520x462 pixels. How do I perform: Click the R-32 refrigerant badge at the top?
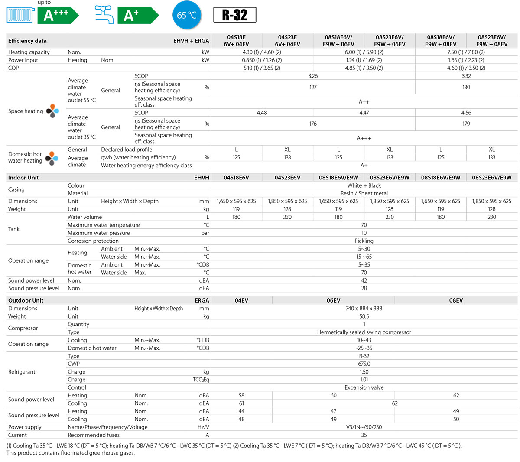coord(234,15)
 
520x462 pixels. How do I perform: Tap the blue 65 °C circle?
coord(187,15)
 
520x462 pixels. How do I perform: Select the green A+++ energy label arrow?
coord(57,16)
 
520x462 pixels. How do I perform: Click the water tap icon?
coord(104,15)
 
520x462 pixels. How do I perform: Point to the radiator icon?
coord(20,15)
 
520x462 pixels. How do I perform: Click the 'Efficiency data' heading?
coord(27,41)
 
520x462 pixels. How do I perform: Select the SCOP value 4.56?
coord(466,113)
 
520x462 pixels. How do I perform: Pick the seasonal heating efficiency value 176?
coord(313,124)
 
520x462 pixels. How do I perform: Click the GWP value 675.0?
coord(364,364)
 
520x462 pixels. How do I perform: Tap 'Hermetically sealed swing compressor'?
coord(364,332)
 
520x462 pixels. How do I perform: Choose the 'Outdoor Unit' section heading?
coord(26,300)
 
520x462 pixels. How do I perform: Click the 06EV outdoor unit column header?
coord(333,300)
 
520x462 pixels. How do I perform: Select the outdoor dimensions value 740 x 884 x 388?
coord(364,309)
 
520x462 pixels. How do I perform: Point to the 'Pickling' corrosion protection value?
coord(364,241)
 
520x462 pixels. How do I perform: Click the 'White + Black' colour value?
coord(364,185)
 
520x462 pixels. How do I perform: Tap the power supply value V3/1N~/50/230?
coord(364,427)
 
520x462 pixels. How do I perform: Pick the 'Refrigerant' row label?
coord(22,372)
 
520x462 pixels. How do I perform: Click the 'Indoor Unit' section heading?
coord(23,178)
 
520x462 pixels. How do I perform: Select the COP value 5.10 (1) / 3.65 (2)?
coord(262,68)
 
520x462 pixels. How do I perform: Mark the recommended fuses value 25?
coord(364,435)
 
